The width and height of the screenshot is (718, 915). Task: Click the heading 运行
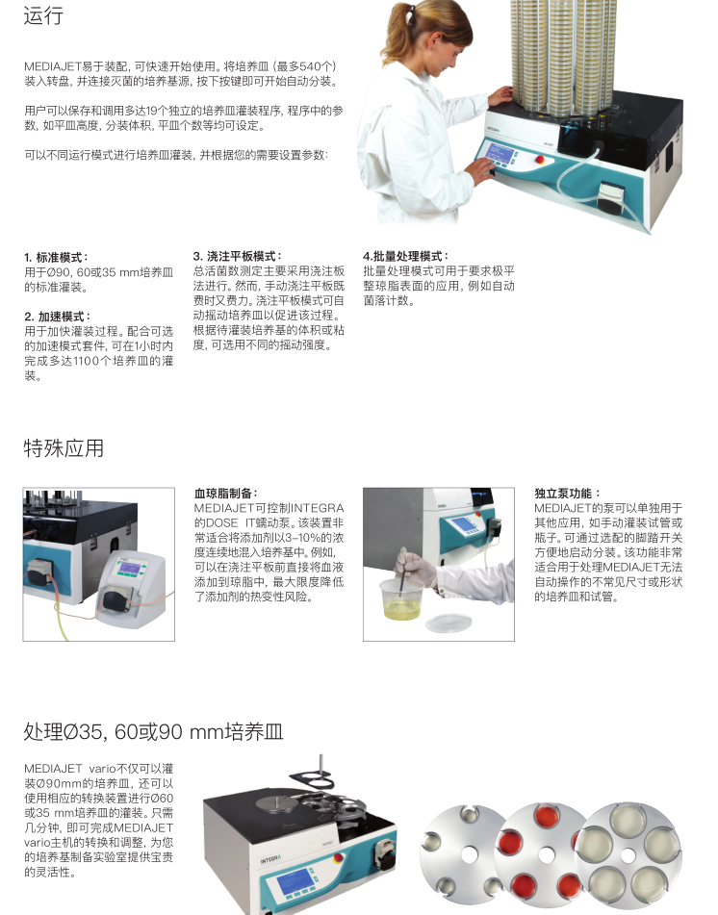pos(43,15)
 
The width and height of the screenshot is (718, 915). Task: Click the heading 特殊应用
pos(64,448)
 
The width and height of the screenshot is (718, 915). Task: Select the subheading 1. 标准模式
pos(56,257)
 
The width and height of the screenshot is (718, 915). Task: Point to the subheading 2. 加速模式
pos(57,317)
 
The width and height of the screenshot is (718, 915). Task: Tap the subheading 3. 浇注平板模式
pos(238,256)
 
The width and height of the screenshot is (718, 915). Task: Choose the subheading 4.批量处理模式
pos(406,256)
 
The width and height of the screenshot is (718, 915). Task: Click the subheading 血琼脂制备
pos(226,493)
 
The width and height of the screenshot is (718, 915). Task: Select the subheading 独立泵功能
pos(567,493)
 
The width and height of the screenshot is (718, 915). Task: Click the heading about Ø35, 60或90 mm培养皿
pos(154,731)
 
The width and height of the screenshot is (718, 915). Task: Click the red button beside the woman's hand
pos(540,160)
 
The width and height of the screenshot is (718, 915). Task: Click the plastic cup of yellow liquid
pos(401,598)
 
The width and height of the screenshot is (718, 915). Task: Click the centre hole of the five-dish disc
pos(628,856)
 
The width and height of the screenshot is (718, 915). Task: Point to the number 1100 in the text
pos(87,361)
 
